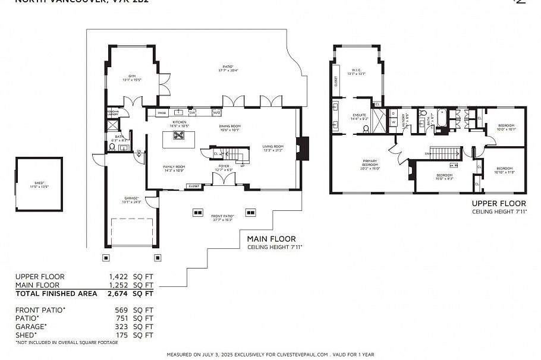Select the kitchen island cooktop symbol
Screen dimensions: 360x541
(x=179, y=135)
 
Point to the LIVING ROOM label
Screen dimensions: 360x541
(x=273, y=148)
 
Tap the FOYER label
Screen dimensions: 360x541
(x=224, y=168)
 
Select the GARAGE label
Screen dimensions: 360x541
(x=132, y=200)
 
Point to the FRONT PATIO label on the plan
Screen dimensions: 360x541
(x=222, y=217)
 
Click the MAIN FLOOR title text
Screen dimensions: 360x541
(x=271, y=239)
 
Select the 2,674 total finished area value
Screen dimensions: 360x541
(x=118, y=293)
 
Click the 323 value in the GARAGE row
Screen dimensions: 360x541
(x=121, y=327)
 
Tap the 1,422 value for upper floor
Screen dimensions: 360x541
(x=118, y=277)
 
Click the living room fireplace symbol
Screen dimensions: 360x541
(x=304, y=149)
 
